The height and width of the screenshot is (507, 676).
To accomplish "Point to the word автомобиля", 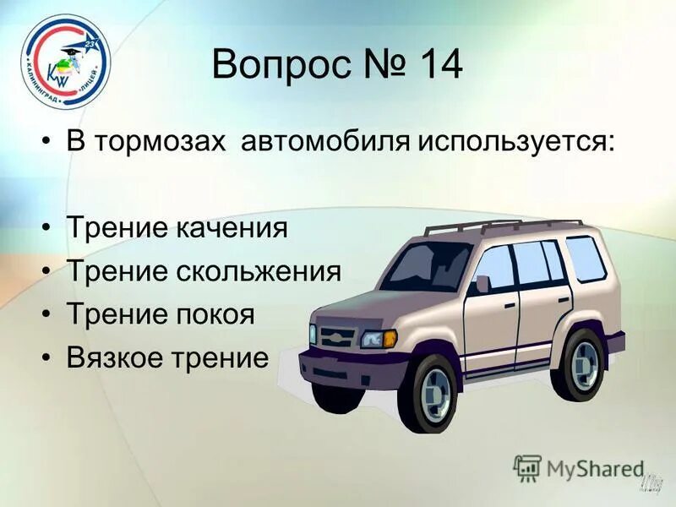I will tap(325, 140).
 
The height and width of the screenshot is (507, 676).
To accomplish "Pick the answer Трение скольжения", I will tap(204, 272).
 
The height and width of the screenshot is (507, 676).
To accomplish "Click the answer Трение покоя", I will tap(160, 315).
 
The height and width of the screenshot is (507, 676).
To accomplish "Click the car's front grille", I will tap(334, 335).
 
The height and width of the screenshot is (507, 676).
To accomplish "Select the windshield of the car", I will tap(427, 266).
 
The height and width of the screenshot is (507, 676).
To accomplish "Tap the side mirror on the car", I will tap(482, 284).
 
